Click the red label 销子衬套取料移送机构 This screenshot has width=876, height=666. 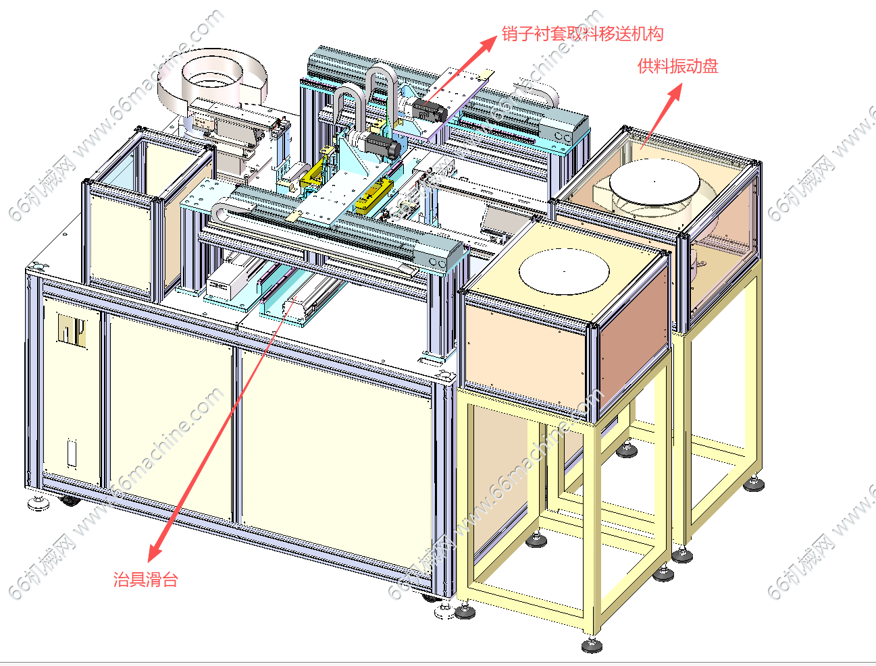582,34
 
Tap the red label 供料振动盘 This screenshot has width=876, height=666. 677,66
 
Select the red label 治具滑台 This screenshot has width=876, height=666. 145,579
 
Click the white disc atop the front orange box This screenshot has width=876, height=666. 564,271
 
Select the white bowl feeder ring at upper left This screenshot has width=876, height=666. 212,78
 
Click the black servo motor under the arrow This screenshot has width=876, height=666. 428,110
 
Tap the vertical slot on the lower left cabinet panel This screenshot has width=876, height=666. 71,451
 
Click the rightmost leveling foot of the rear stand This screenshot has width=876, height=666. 754,483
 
